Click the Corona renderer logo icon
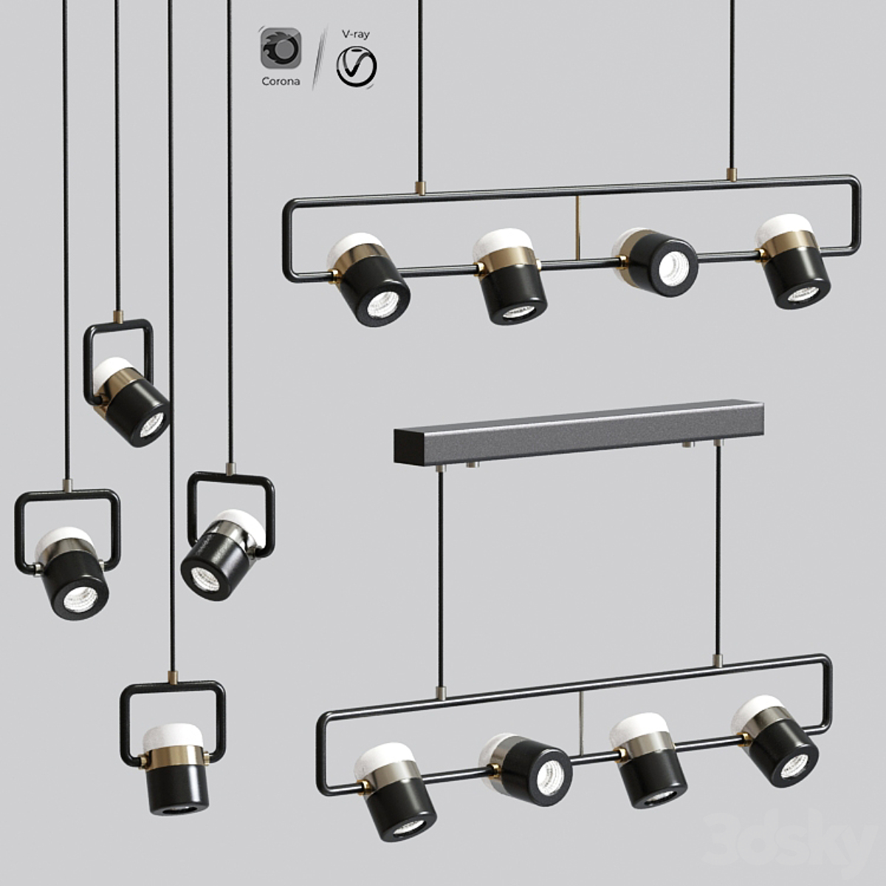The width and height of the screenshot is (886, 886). (281, 48)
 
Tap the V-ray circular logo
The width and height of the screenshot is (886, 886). (357, 67)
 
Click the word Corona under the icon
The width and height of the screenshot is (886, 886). (281, 81)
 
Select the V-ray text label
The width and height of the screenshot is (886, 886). (355, 34)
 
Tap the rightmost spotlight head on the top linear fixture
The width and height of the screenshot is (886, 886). (793, 261)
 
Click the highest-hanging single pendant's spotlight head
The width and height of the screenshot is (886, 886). (130, 401)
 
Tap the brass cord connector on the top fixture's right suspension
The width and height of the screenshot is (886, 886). (732, 175)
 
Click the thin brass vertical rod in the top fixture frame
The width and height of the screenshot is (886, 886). (577, 228)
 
